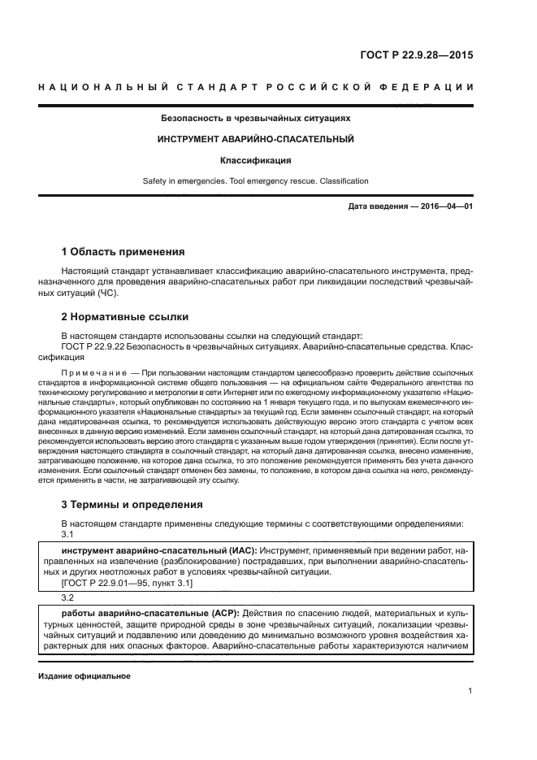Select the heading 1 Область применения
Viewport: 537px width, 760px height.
[123, 252]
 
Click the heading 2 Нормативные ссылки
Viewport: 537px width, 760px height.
[125, 317]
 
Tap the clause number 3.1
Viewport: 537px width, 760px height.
[68, 535]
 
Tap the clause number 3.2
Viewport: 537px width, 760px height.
[68, 596]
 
